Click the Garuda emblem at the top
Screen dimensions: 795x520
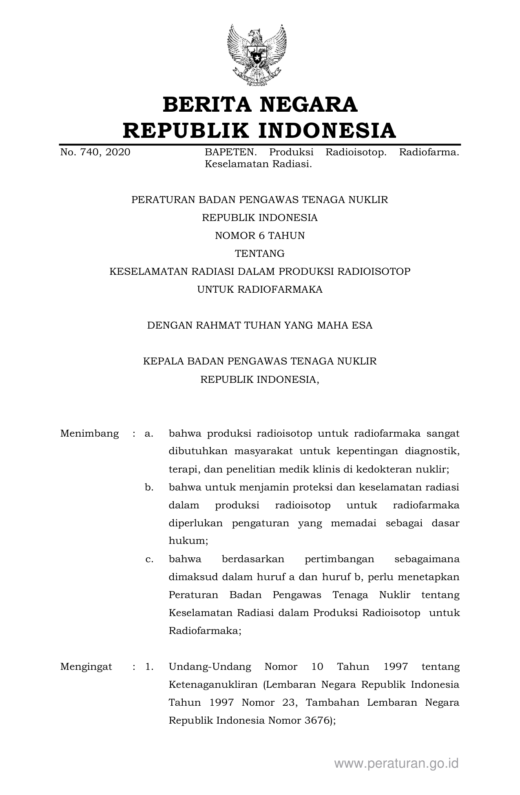coord(257,55)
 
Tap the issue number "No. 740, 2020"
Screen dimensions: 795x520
coord(95,152)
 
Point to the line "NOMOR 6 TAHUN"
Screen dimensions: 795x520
coord(260,236)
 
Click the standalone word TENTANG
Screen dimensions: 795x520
coord(260,254)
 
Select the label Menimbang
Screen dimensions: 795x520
coord(89,433)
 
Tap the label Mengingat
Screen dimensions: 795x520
coord(86,667)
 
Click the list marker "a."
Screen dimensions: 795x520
coord(149,433)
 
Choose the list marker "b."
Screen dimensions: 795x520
coord(149,487)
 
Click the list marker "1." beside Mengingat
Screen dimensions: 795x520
coord(149,667)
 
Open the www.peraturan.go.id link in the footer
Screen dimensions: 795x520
coord(396,763)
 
